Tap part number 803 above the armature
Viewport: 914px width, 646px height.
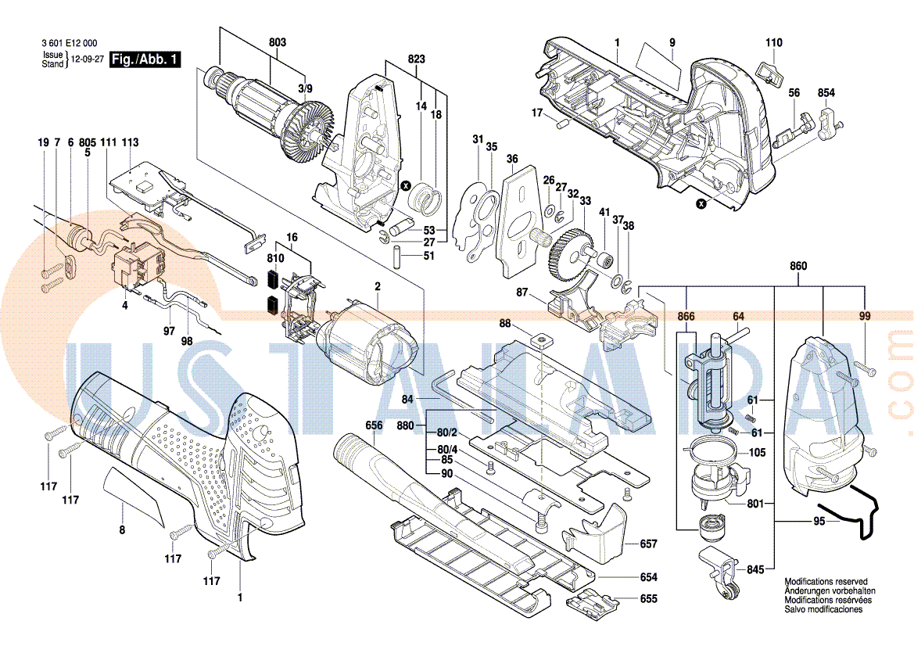(278, 41)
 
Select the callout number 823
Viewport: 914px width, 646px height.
(417, 59)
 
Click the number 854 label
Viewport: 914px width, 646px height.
(826, 93)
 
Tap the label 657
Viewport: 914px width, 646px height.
(648, 544)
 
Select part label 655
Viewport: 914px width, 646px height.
(648, 599)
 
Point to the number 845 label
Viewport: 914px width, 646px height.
(754, 570)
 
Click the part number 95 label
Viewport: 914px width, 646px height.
(819, 521)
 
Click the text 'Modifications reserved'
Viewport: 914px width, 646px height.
(826, 583)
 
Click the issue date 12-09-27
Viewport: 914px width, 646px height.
(87, 59)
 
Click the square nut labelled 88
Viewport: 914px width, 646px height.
(539, 340)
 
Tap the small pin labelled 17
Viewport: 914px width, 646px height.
(560, 122)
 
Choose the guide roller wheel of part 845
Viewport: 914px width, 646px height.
(728, 594)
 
